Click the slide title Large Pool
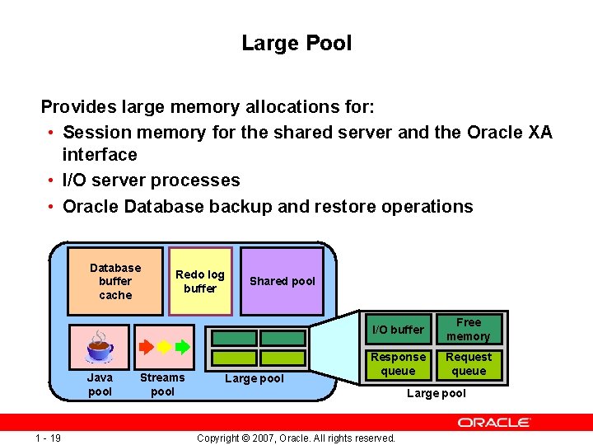coord(296,43)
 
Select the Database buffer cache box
coord(115,281)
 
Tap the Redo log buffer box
coord(200,281)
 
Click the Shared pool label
coord(282,281)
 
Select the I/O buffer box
coord(398,330)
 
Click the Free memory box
coord(469,330)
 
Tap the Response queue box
coord(398,364)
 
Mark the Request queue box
coord(469,364)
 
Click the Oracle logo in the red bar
coord(494,422)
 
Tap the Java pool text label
coord(100,385)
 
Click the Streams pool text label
coord(162,385)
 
